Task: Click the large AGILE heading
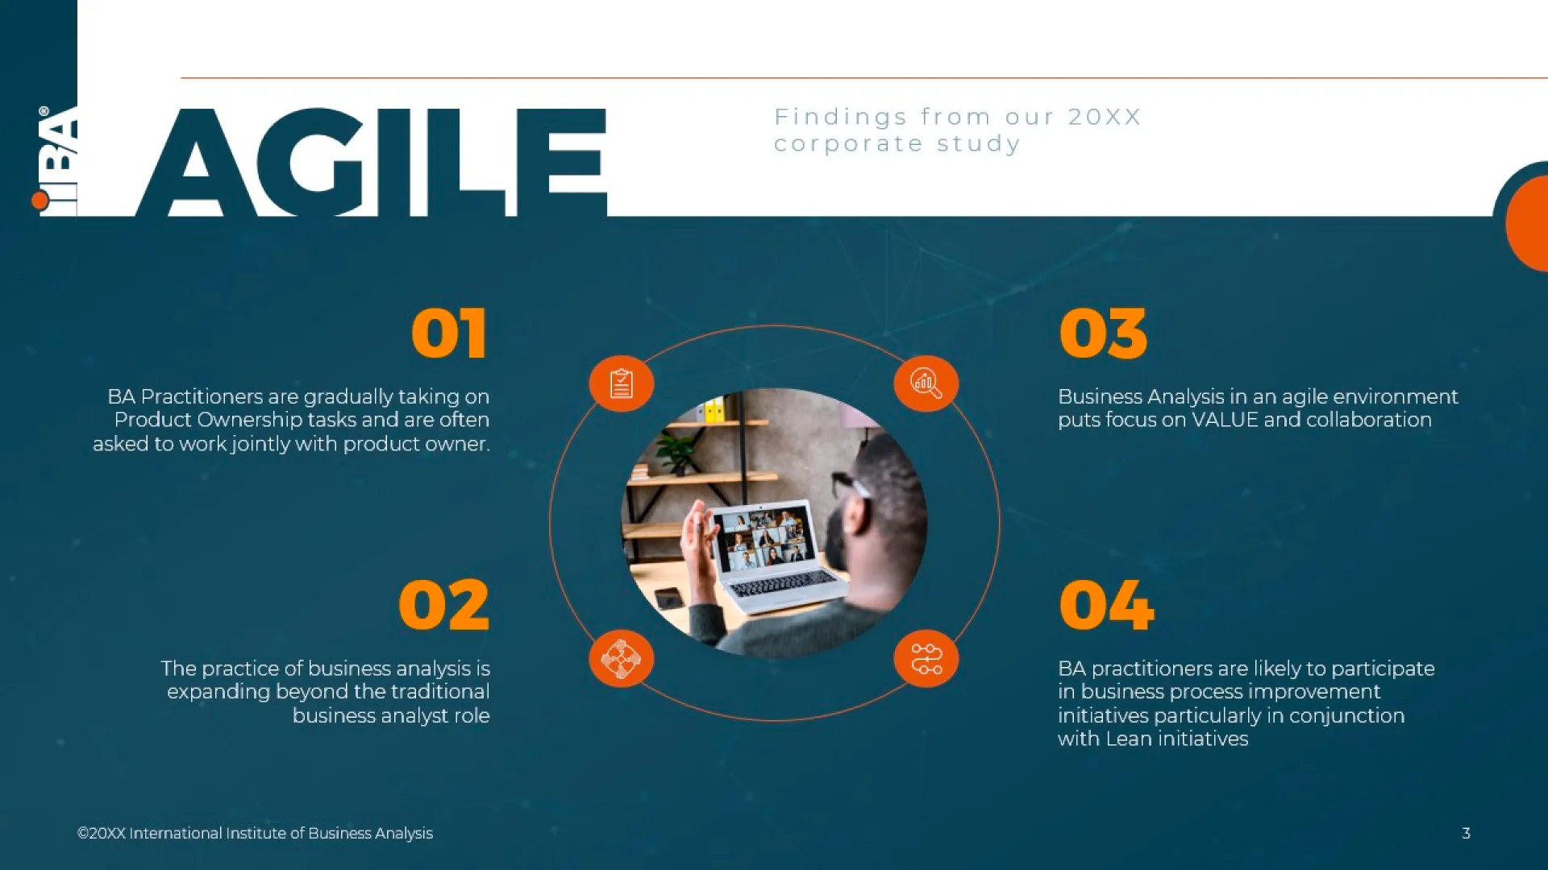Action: pos(371,162)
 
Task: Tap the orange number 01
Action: pos(449,333)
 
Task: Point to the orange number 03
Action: pos(1103,333)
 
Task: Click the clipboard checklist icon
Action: pos(621,383)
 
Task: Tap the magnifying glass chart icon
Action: pos(926,383)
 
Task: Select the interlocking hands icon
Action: pos(621,658)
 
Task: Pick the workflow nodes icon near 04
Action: pos(926,658)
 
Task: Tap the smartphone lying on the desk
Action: pos(669,598)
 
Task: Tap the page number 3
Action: pos(1466,833)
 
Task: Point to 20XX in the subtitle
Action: pos(1105,117)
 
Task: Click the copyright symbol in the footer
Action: pos(82,834)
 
